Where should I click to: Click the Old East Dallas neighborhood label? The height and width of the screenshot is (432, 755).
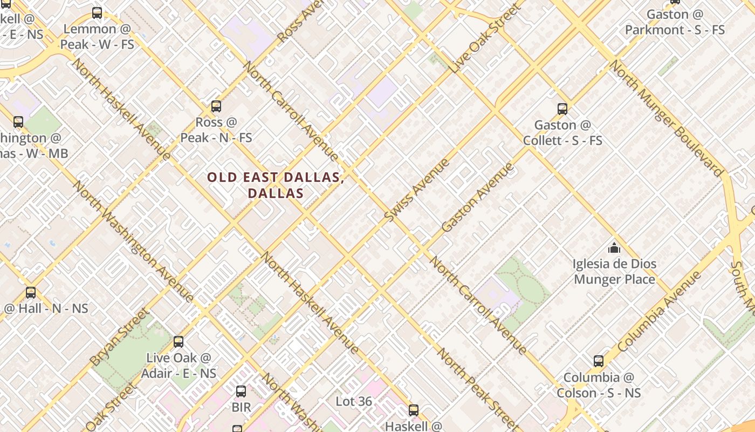coord(275,185)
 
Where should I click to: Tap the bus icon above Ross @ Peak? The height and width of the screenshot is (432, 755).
coord(216,106)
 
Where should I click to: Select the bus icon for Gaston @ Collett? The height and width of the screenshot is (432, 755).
coord(562,109)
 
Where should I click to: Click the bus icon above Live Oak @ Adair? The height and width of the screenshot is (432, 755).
coord(179,342)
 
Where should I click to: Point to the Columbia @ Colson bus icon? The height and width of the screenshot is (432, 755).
coord(599,361)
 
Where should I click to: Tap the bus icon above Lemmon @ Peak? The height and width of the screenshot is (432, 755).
coord(97,13)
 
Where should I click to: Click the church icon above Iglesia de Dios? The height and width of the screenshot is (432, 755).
coord(614,248)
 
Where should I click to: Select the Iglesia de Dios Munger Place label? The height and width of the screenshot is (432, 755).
coord(614,272)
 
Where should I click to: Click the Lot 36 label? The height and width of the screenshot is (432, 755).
coord(354,401)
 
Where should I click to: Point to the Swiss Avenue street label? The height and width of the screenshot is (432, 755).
coord(417,190)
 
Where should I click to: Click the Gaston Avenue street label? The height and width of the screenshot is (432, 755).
coord(477,198)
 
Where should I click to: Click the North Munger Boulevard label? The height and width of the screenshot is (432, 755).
coord(666,118)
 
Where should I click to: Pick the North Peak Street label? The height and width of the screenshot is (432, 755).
coord(478,388)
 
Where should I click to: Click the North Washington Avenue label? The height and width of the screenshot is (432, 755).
coord(133,241)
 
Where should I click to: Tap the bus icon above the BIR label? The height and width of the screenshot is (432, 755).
coord(241,391)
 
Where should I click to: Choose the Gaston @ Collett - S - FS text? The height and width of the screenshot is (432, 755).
coord(562,133)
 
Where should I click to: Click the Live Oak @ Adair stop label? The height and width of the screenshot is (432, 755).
coord(179,366)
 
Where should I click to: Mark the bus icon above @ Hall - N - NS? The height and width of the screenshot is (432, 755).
coord(31,293)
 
